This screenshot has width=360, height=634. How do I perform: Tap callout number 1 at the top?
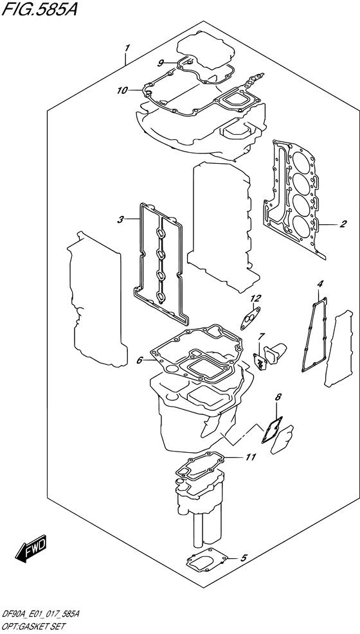[x=128, y=48]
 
